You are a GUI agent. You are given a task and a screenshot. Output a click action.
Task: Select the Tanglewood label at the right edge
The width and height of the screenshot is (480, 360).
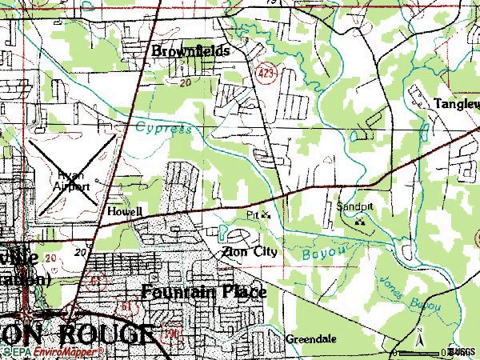tap(456, 103)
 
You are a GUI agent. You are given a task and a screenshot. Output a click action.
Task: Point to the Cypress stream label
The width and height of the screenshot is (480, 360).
tap(163, 127)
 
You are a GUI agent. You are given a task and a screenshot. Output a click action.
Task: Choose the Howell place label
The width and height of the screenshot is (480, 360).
tap(125, 212)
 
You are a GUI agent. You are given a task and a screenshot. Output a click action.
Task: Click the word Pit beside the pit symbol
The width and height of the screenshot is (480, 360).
tap(252, 215)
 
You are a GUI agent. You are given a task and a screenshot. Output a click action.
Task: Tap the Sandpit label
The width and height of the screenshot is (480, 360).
tap(354, 205)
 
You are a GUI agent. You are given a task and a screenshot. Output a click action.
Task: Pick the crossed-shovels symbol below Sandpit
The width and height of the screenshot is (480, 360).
tap(361, 222)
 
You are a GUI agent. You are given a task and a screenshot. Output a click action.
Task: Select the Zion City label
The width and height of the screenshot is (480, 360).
tap(250, 251)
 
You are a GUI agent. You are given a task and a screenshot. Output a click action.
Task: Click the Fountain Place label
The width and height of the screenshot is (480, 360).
tap(204, 291)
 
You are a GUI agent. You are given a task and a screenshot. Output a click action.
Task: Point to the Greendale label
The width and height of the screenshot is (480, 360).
tap(311, 339)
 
